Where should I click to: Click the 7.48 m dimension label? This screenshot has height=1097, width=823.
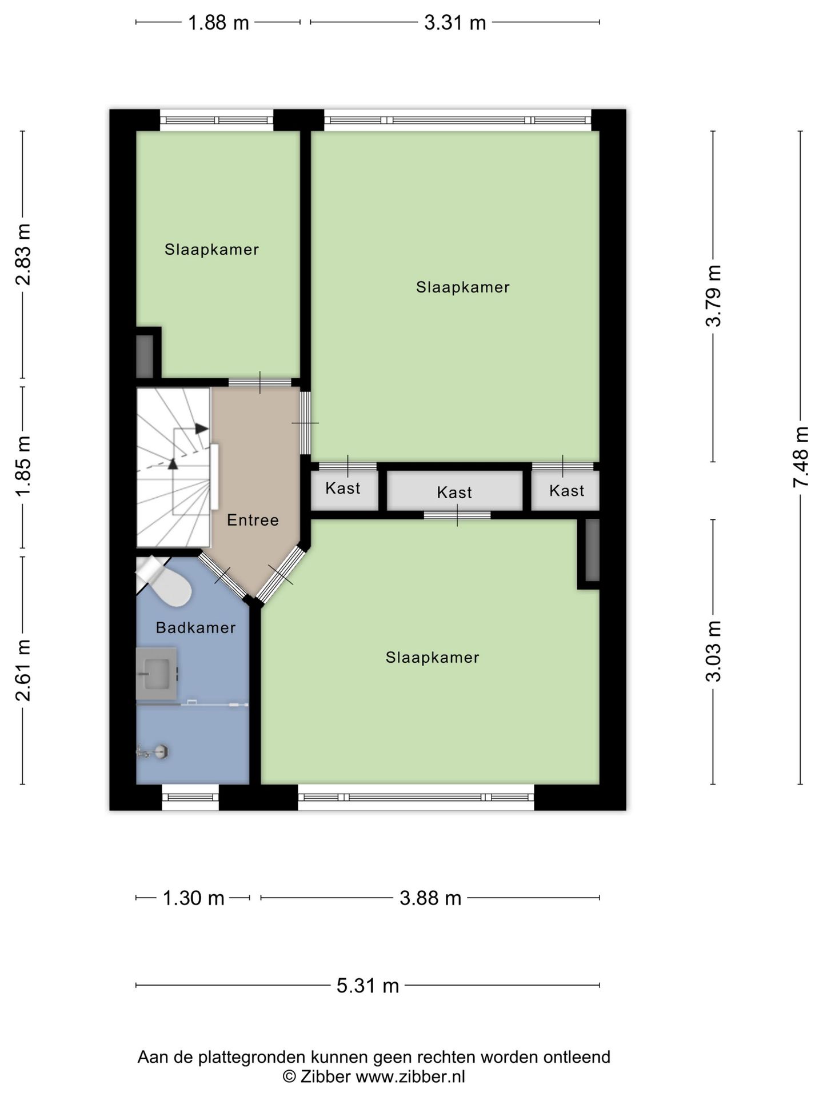[x=800, y=457]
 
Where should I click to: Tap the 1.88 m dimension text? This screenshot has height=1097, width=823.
[x=219, y=23]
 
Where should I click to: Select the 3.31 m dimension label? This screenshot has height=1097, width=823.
[x=455, y=23]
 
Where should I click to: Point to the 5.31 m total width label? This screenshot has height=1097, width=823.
[x=367, y=986]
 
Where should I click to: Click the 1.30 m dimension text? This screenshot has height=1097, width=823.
[x=194, y=898]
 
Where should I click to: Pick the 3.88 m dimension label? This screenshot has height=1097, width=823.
[x=430, y=898]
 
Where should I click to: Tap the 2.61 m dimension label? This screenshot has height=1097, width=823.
[x=23, y=670]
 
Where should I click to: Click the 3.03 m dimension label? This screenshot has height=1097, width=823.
[x=713, y=651]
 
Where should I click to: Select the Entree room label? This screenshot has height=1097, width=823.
[x=253, y=520]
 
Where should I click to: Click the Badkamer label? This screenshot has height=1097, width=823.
[x=195, y=628]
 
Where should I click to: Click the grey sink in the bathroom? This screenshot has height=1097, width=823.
[x=157, y=674]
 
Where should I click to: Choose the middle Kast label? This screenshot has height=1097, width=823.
[x=454, y=493]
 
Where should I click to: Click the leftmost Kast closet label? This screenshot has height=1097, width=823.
[x=343, y=489]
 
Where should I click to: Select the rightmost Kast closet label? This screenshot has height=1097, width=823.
[x=567, y=491]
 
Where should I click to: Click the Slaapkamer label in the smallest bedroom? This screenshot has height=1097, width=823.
[x=211, y=250]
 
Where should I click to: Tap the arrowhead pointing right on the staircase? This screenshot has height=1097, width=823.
[x=201, y=428]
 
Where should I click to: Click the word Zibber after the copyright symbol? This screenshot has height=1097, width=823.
[x=325, y=1076]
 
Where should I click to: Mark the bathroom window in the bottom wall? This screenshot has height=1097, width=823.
[x=190, y=797]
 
